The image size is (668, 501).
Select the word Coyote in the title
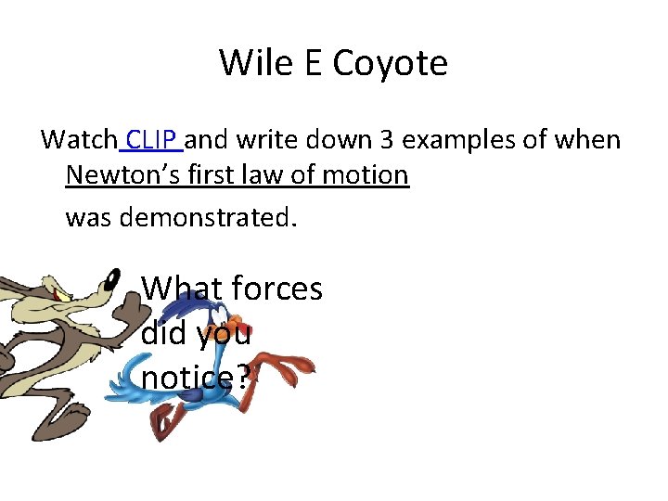click(x=390, y=63)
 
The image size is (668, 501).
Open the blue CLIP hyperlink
click(x=153, y=140)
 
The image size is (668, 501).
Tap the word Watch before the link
click(x=79, y=140)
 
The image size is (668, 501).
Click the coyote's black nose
click(x=114, y=277)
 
